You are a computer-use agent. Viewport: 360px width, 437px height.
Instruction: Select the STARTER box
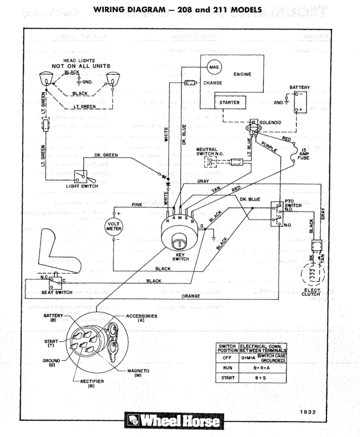click(230, 102)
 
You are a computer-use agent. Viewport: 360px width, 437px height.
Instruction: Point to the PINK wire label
click(137, 204)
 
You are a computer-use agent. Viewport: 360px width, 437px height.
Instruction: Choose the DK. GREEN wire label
click(105, 155)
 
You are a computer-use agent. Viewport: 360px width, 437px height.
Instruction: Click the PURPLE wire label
click(270, 146)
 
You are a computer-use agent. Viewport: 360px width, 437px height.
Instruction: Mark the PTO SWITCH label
click(292, 204)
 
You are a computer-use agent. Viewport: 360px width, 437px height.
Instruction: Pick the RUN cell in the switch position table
click(227, 368)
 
